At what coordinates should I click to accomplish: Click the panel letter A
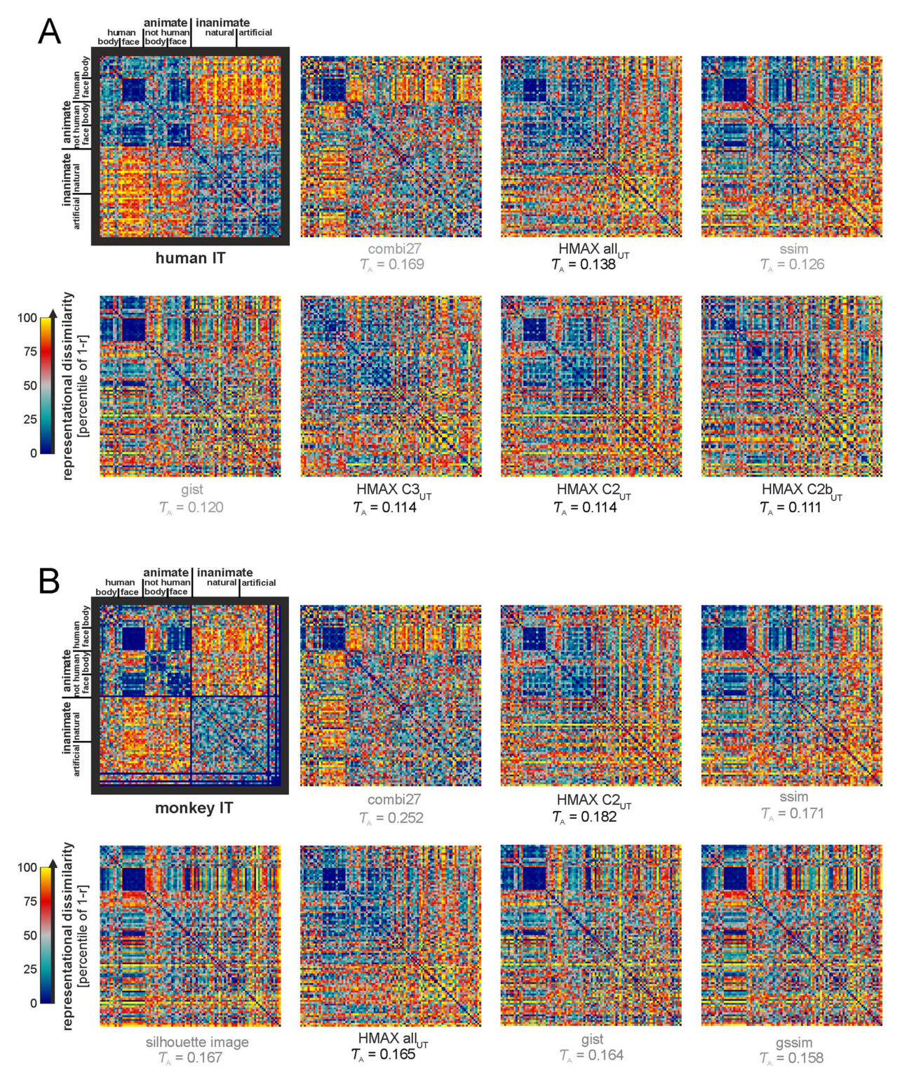(x=50, y=32)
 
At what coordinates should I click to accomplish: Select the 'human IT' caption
(x=190, y=258)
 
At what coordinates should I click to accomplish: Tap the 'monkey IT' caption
(x=194, y=808)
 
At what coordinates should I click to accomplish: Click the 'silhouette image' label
(x=197, y=1042)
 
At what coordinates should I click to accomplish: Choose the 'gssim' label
(x=793, y=1043)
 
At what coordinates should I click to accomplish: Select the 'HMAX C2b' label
(x=796, y=489)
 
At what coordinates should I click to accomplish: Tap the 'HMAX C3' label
(x=387, y=489)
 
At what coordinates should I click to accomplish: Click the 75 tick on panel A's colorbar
(x=30, y=352)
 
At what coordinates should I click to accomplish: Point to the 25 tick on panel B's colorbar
(x=30, y=969)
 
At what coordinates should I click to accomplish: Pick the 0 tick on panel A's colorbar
(x=34, y=453)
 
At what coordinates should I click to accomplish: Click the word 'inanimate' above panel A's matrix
(x=223, y=22)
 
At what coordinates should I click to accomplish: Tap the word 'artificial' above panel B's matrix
(x=259, y=582)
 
